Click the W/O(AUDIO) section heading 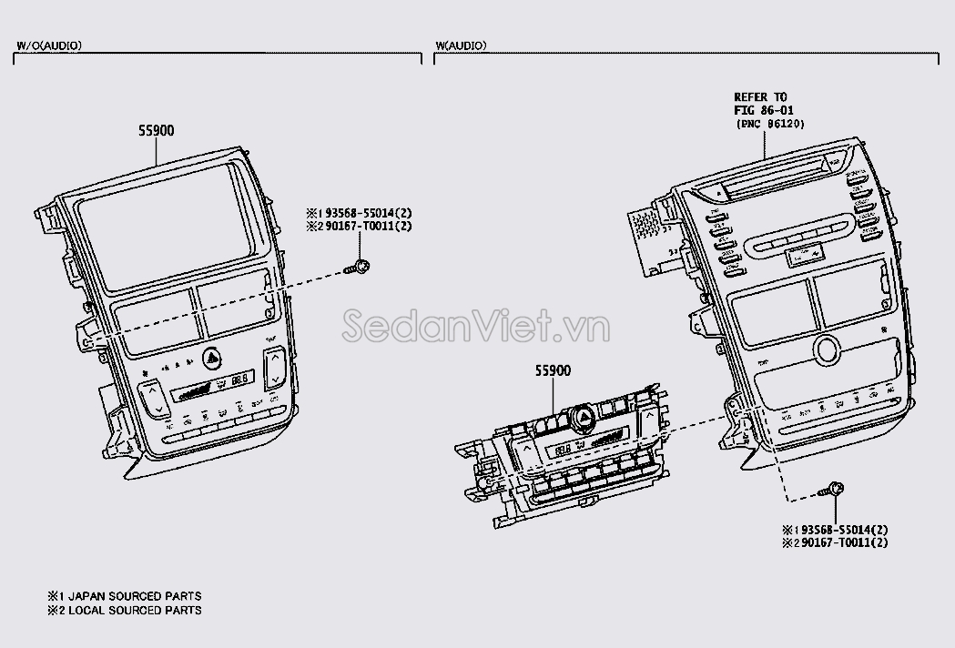click(x=49, y=46)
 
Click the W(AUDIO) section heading click(x=461, y=46)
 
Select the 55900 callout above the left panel click(x=157, y=131)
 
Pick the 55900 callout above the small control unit click(x=553, y=371)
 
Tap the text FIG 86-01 click(x=761, y=110)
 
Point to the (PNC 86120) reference click(x=769, y=124)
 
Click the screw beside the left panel click(x=361, y=267)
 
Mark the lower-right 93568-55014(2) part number click(x=840, y=530)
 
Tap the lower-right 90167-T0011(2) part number click(x=840, y=542)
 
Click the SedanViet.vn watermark click(x=477, y=326)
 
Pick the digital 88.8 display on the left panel click(x=241, y=379)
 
